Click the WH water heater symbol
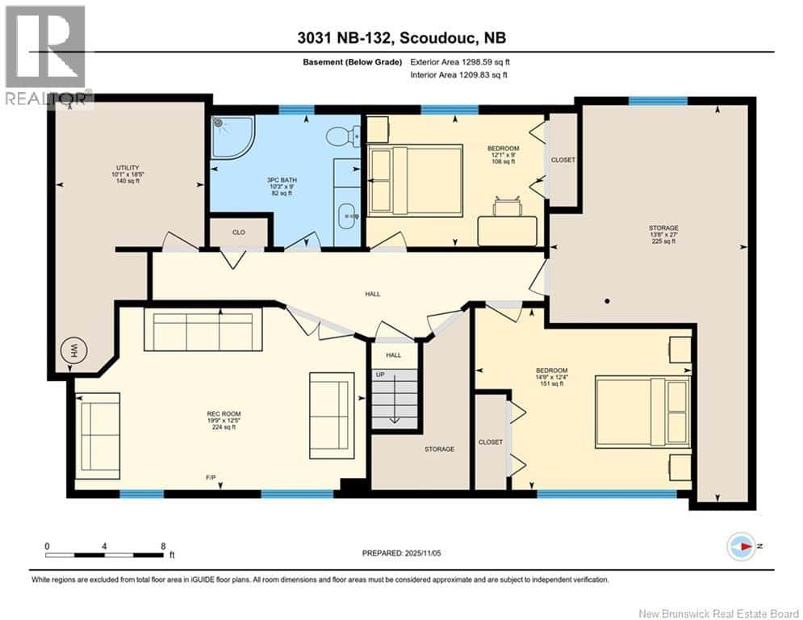coord(74,351)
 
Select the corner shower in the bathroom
coord(232,136)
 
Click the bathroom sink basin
coord(349,216)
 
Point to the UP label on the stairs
coord(380,375)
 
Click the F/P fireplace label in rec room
coord(211,478)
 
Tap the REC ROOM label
coord(224,413)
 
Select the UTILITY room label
coord(128,168)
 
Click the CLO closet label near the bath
coord(239,232)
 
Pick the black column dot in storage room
coord(607,301)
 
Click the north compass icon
coord(742,547)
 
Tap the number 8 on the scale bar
coord(163,547)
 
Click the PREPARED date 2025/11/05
coord(423,553)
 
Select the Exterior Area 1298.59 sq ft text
coord(460,62)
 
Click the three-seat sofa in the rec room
coord(203,329)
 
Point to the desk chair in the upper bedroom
coord(508,207)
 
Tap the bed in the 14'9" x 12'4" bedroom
coord(642,412)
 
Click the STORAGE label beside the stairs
coord(439,449)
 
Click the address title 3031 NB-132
coord(345,38)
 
